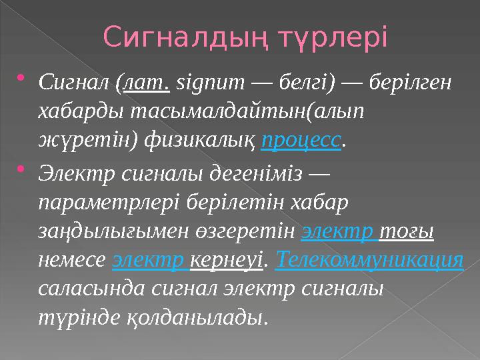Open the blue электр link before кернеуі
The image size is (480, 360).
click(x=150, y=260)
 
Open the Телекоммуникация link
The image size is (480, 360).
click(x=369, y=260)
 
